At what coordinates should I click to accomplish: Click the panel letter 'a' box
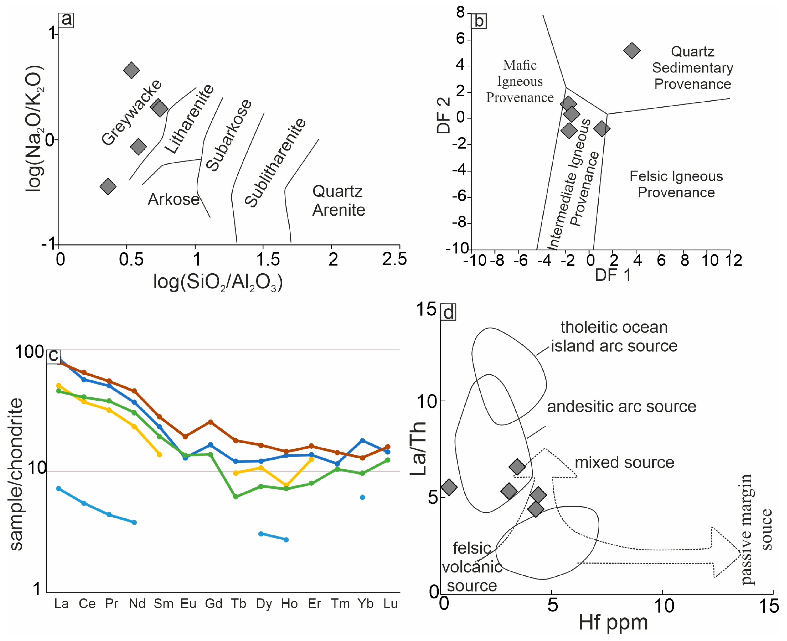point(66,19)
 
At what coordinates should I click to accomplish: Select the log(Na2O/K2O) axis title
point(34,129)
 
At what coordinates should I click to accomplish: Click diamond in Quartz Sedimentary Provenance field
point(632,51)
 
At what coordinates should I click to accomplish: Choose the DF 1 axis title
point(613,275)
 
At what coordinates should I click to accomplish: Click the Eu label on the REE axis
point(188,604)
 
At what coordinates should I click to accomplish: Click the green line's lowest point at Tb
point(236,497)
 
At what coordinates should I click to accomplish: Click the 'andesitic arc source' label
point(621,407)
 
